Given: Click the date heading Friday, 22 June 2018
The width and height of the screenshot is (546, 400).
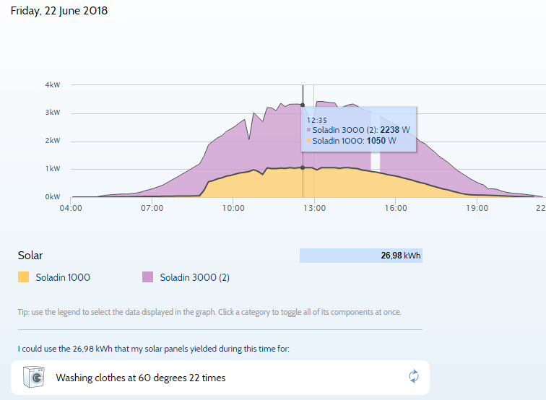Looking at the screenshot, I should [x=58, y=11].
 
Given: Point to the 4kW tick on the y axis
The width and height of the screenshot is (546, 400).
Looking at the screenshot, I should [x=53, y=84].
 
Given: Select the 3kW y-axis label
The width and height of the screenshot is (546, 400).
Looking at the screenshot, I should [x=53, y=113].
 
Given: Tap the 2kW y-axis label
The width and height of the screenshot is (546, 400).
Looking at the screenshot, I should [x=53, y=140].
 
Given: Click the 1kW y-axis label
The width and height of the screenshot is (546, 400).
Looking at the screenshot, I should [x=53, y=168].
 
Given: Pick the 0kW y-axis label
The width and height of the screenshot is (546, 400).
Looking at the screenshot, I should [x=53, y=196].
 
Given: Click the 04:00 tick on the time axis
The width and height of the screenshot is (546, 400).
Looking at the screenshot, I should [x=71, y=208].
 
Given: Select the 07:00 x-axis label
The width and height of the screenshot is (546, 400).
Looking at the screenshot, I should [x=152, y=208].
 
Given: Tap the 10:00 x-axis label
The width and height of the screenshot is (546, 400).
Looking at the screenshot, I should [x=233, y=208].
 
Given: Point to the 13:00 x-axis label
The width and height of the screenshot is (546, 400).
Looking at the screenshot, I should [x=315, y=208].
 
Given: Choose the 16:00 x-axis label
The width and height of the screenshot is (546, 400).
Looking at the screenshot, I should [x=396, y=208].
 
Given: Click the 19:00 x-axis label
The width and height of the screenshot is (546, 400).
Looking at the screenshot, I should [x=477, y=208].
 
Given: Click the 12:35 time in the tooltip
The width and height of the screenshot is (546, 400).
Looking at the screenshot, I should [x=317, y=120].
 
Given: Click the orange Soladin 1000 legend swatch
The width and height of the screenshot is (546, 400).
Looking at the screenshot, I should [x=24, y=277].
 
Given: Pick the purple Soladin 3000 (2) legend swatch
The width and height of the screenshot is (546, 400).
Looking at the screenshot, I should [x=148, y=277].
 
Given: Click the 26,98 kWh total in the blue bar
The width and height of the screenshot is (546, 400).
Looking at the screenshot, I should [x=400, y=256].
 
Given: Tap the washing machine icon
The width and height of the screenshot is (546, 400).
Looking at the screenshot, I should [x=34, y=377].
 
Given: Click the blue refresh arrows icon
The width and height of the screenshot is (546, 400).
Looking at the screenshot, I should [x=414, y=376].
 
